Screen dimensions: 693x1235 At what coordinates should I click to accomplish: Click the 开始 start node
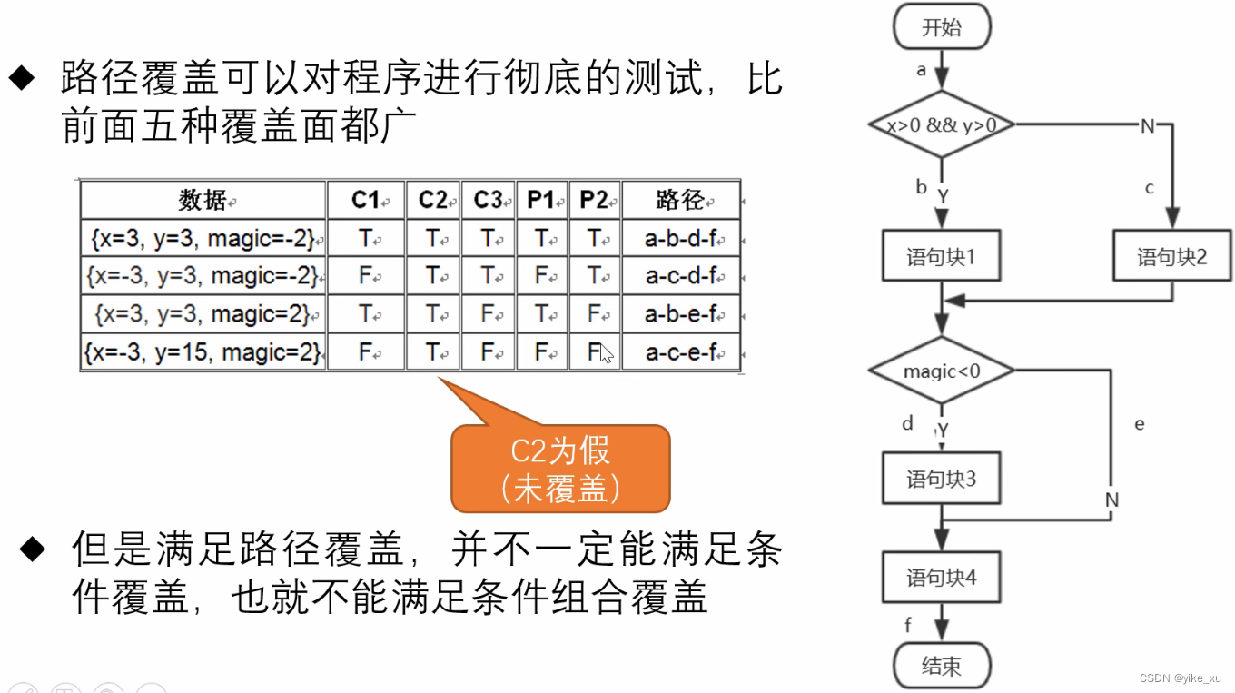point(942,27)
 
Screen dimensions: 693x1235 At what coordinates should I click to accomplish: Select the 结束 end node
point(942,666)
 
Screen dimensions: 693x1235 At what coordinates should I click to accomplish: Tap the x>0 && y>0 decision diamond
point(942,125)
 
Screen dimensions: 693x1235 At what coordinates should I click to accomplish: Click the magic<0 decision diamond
point(942,371)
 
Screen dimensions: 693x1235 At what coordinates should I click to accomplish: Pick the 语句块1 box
point(941,257)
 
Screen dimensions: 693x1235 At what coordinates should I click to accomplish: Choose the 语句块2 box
point(1171,257)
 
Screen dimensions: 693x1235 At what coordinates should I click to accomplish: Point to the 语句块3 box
point(941,479)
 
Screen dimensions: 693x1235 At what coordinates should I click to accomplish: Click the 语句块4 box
point(941,578)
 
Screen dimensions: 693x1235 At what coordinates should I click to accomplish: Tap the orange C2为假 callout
point(560,469)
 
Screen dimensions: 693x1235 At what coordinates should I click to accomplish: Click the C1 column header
point(365,200)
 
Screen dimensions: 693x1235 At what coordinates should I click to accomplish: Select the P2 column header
point(594,200)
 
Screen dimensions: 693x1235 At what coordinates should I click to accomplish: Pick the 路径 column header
point(680,200)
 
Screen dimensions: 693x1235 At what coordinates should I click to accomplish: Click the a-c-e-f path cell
point(680,351)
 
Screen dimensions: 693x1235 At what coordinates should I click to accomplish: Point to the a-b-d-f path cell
point(680,239)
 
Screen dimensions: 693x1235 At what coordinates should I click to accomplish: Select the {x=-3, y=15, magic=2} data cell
point(203,351)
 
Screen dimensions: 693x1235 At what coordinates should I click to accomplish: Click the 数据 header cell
point(203,200)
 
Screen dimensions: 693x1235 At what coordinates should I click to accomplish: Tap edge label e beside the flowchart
point(1140,424)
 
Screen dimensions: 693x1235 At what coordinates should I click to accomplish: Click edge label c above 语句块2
point(1150,188)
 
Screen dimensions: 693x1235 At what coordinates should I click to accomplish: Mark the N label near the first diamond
point(1148,126)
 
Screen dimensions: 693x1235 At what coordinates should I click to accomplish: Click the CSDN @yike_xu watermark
point(1180,678)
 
